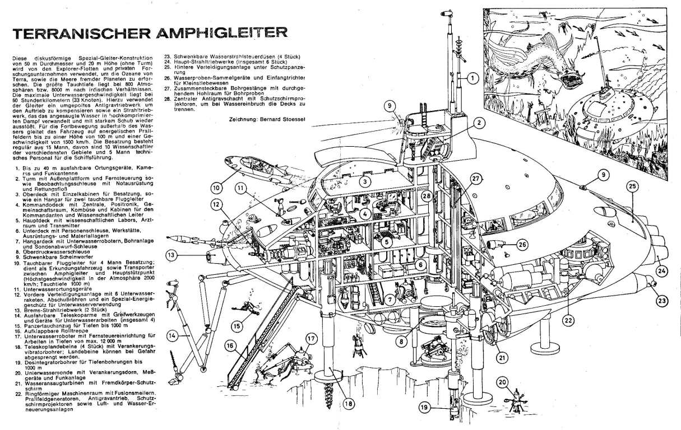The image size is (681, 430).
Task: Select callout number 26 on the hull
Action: [x=522, y=244]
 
